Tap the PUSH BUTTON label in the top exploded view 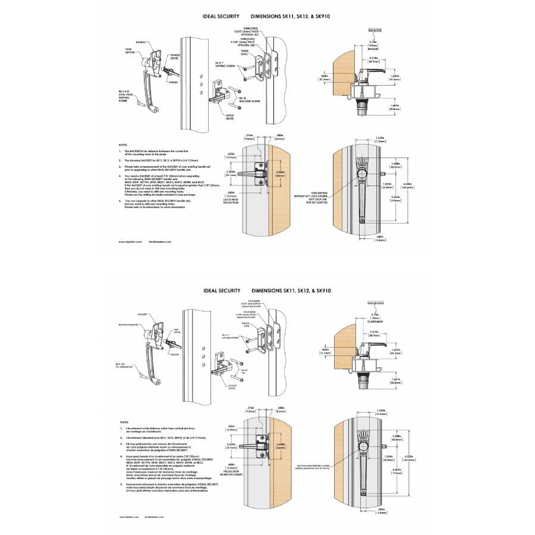click(130, 51)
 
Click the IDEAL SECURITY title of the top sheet click(220, 16)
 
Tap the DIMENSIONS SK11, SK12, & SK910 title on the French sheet click(291, 291)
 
